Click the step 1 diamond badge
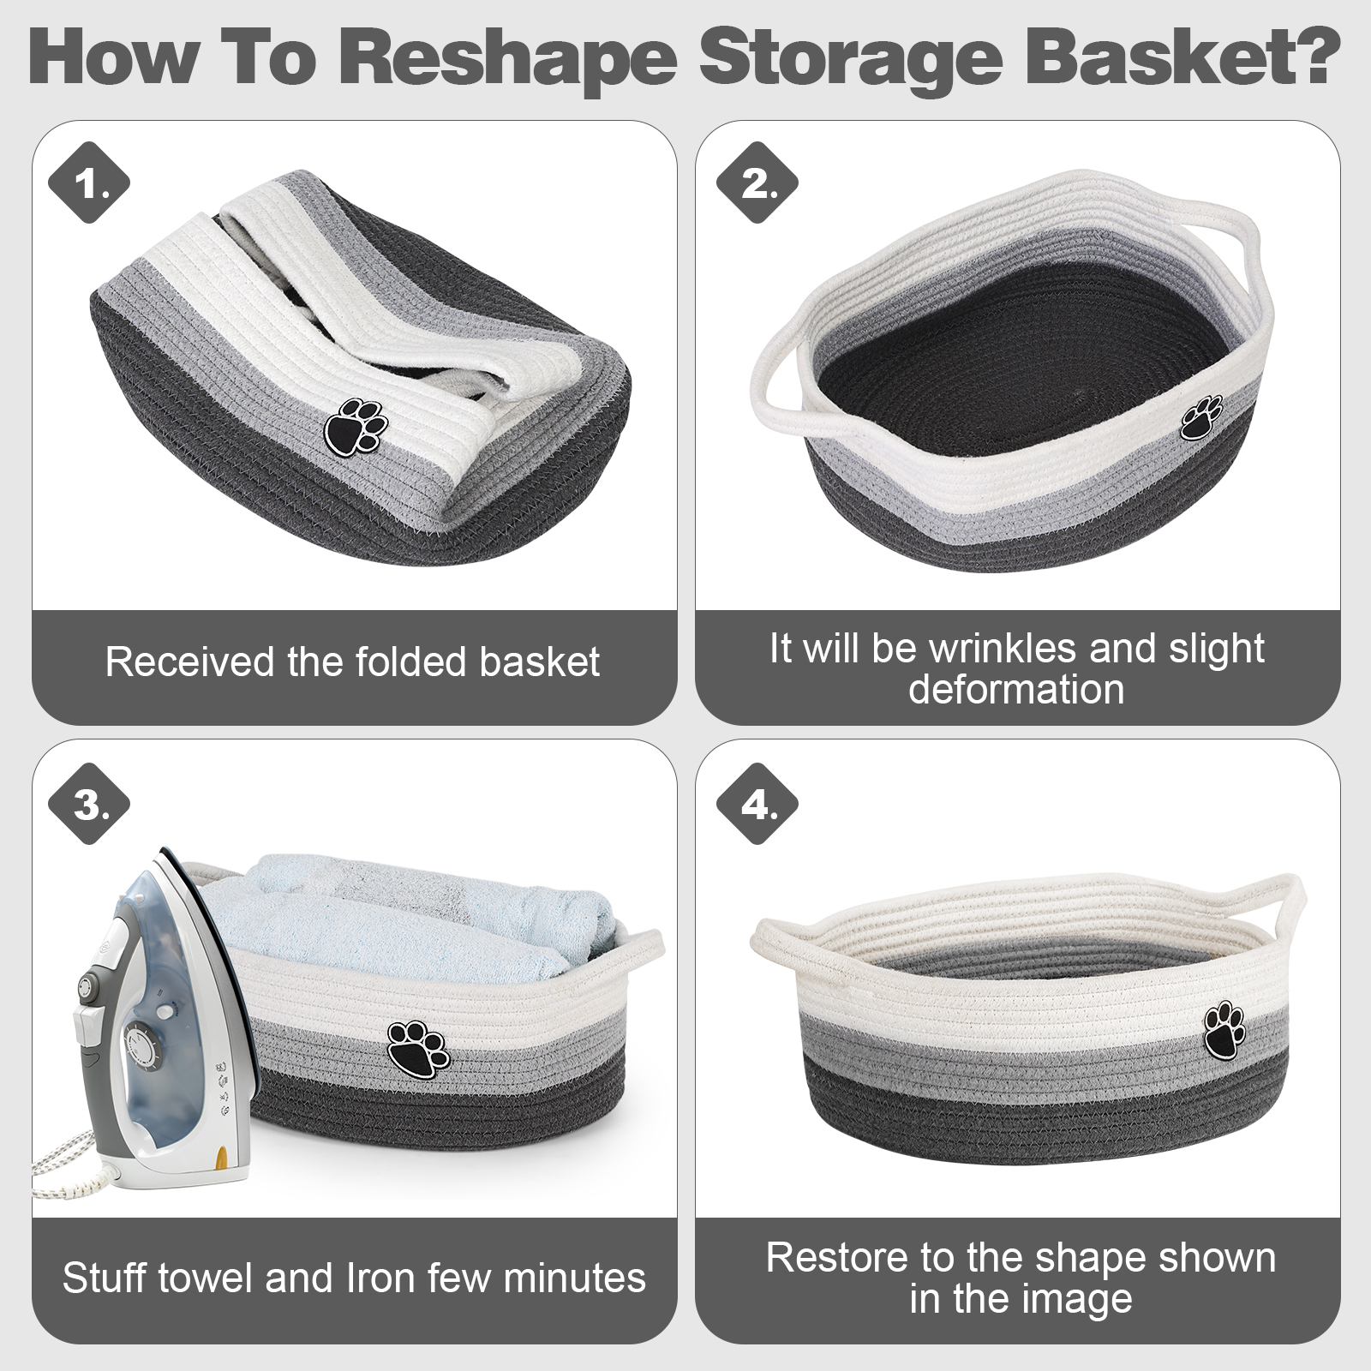pos(89,183)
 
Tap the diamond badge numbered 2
pos(757,183)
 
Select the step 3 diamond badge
pos(89,805)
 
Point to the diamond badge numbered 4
pos(757,805)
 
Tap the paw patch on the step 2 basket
pos(1201,417)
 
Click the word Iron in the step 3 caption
pos(381,1278)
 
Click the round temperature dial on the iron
pos(141,1046)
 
